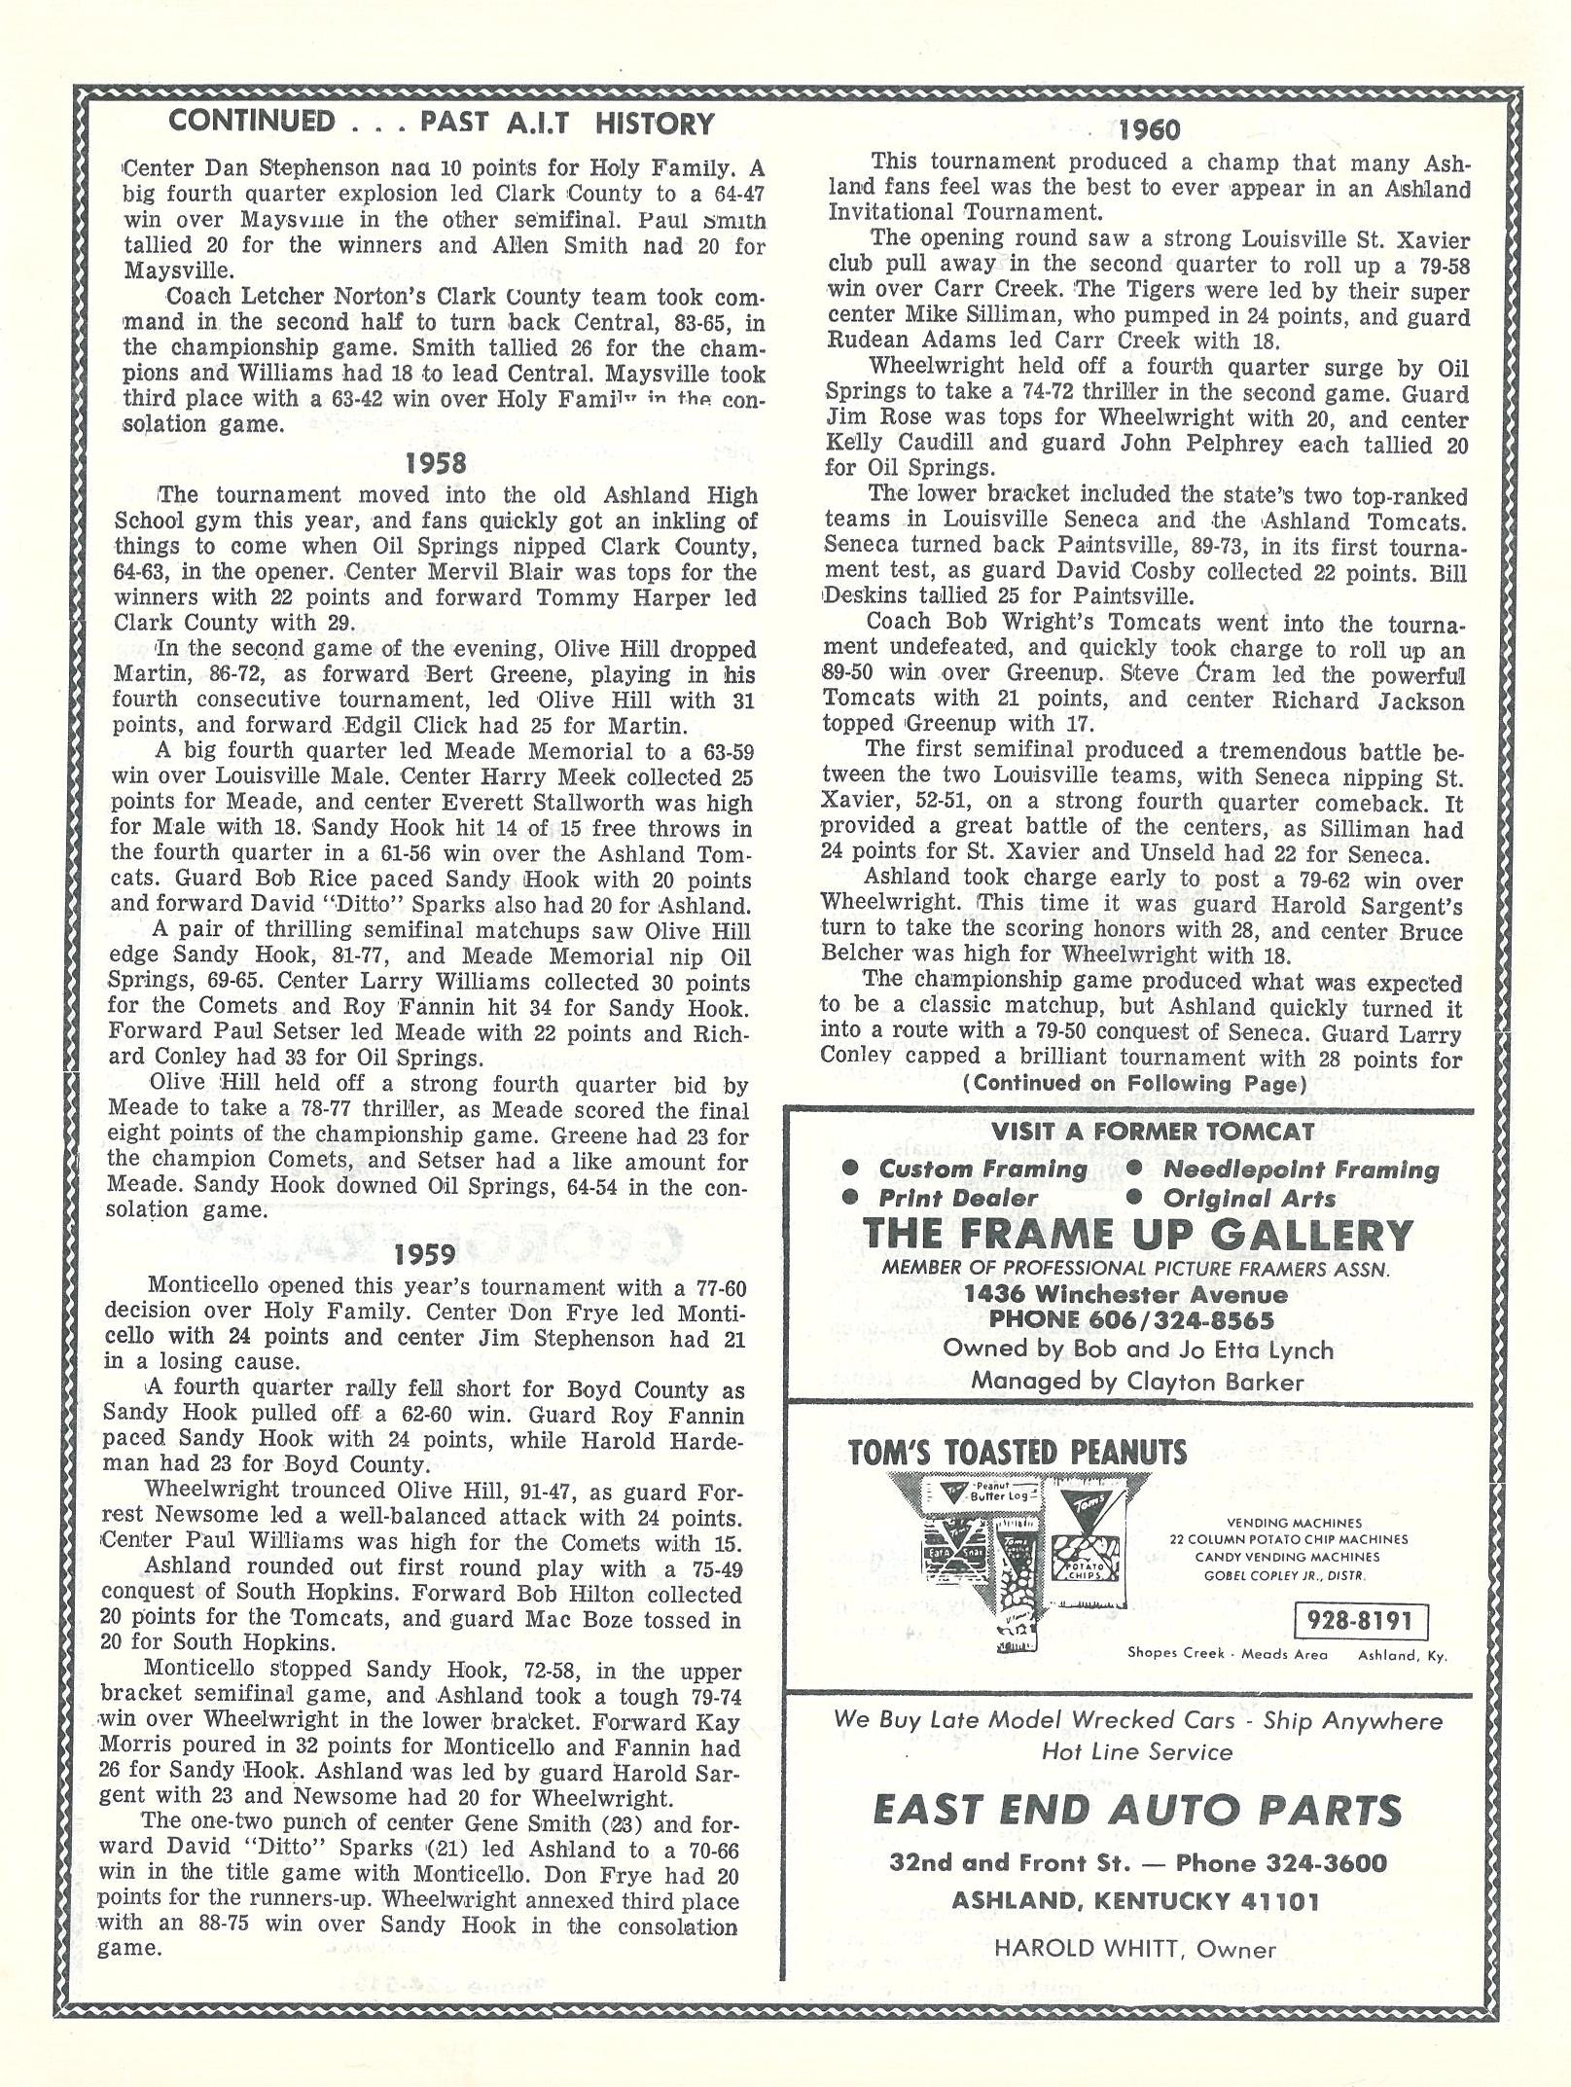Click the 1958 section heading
click(x=437, y=462)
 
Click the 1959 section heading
click(x=427, y=1253)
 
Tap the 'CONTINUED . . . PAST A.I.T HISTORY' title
click(x=442, y=123)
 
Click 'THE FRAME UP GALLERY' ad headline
click(x=1137, y=1235)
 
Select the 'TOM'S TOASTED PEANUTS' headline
click(x=1018, y=1454)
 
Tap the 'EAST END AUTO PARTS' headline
click(x=1137, y=1811)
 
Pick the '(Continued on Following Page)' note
click(x=1134, y=1084)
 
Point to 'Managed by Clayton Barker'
click(x=1136, y=1381)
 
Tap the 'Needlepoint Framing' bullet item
click(x=1300, y=1169)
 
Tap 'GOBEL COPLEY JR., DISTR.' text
click(x=1289, y=1575)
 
